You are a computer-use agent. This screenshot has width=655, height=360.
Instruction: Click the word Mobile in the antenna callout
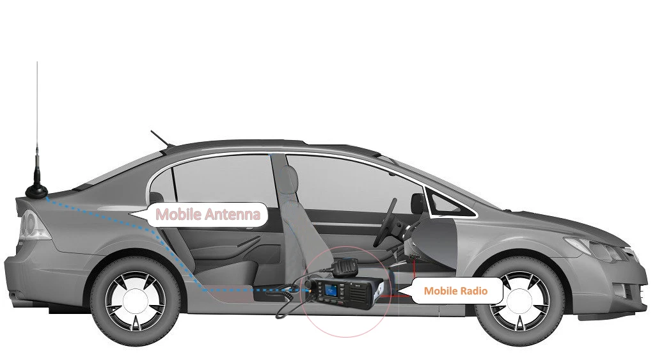coord(178,214)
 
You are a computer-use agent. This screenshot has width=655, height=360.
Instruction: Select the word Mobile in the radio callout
coord(440,291)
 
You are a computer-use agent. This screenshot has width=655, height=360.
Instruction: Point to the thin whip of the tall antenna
coord(37,109)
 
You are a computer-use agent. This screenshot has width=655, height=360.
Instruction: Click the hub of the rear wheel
coord(136,301)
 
